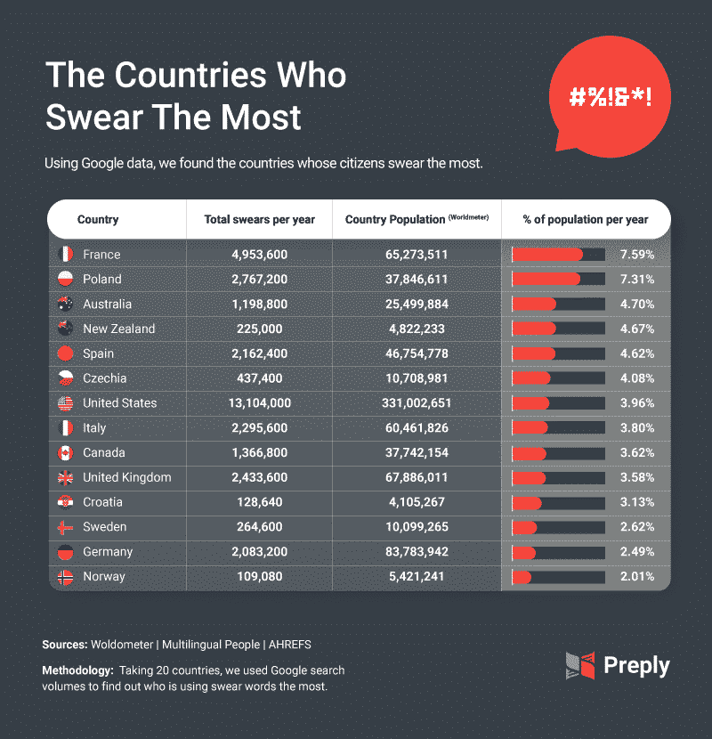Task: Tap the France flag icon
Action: click(64, 255)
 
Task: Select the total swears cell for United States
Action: click(260, 403)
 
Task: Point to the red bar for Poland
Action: click(546, 280)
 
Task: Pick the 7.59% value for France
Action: click(638, 255)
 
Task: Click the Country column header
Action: click(98, 219)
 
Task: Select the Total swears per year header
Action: click(260, 219)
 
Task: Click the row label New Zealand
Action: click(118, 329)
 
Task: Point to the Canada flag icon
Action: click(64, 453)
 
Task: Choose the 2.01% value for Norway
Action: click(638, 577)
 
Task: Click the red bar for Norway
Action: click(522, 577)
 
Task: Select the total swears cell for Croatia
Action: click(260, 502)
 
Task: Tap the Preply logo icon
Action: click(578, 665)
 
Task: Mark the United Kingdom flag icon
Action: click(64, 477)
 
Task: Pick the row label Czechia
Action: click(104, 378)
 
